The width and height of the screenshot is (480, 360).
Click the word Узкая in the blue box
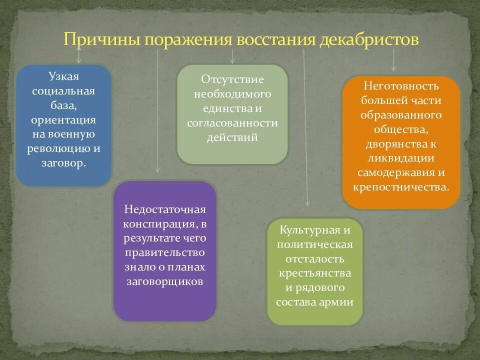click(x=64, y=77)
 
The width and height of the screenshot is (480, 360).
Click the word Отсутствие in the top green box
click(x=232, y=79)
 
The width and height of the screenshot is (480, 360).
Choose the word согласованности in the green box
click(x=232, y=123)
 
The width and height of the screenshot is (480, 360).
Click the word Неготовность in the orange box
click(x=401, y=85)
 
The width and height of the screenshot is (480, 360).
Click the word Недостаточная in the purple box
click(x=165, y=208)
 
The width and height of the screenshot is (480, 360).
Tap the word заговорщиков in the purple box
click(x=164, y=281)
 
